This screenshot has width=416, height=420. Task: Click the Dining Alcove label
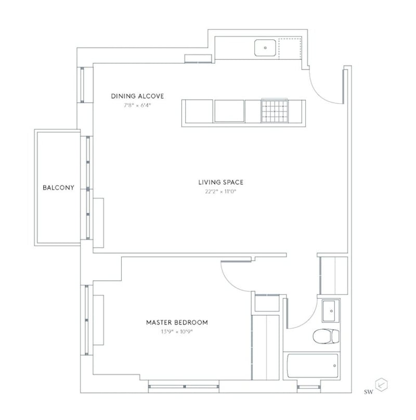tap(137, 96)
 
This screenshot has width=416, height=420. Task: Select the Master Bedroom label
tap(177, 322)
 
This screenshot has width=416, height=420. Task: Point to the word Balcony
tap(58, 187)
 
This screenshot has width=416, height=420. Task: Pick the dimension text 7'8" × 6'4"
tap(137, 105)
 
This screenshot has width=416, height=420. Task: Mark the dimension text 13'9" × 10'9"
tap(177, 331)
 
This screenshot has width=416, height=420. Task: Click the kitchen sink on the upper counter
tap(266, 48)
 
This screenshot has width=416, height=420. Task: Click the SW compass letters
tap(370, 385)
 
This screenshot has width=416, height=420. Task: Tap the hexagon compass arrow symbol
tap(383, 385)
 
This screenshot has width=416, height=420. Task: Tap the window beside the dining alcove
tap(82, 84)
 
